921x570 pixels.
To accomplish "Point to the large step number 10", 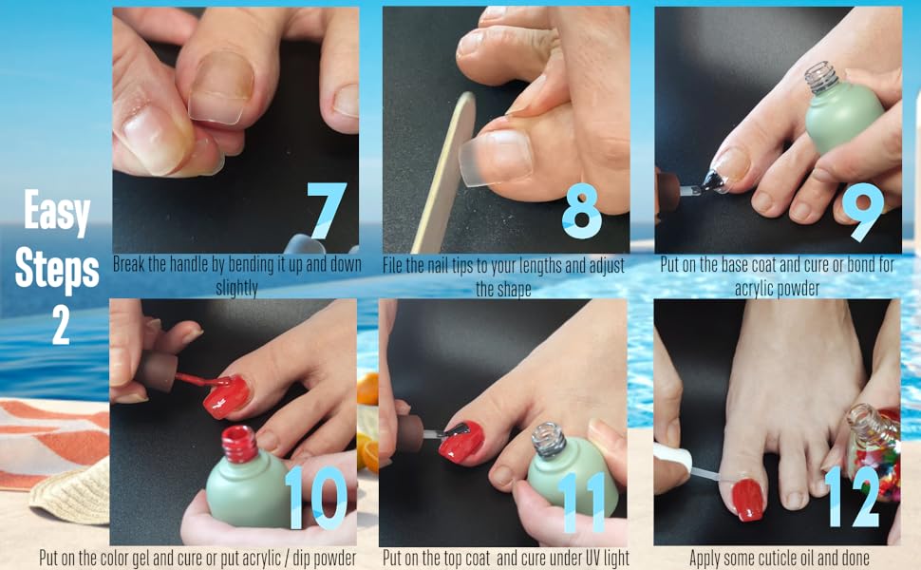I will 315,496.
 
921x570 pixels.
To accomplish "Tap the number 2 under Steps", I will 60,326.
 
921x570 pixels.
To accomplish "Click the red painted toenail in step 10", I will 226,394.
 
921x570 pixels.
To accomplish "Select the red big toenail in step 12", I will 747,498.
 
